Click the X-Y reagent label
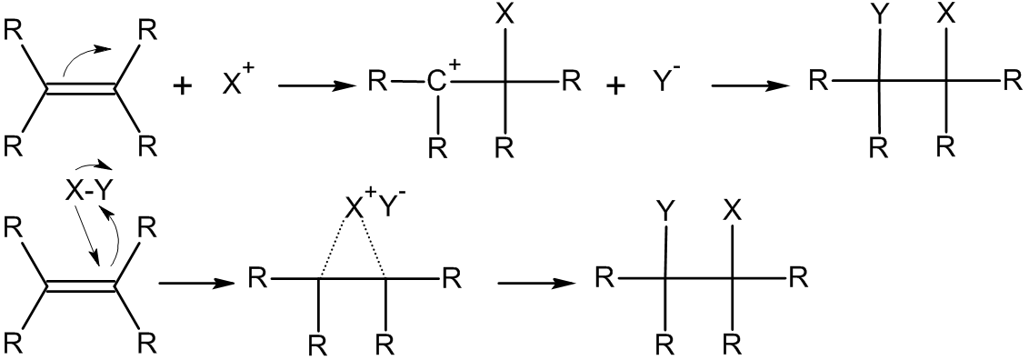[88, 192]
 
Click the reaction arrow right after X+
[316, 85]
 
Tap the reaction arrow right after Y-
[750, 85]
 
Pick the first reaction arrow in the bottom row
[196, 284]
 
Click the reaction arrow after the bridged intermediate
[535, 284]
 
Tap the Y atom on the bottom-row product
[666, 213]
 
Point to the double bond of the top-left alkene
[82, 91]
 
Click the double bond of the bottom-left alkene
[82, 286]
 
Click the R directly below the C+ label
[438, 148]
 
